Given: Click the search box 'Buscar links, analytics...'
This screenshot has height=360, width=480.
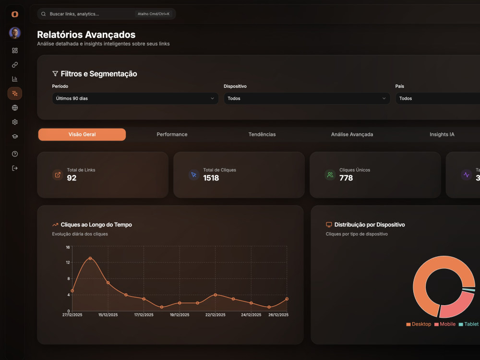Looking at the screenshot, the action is pos(106,14).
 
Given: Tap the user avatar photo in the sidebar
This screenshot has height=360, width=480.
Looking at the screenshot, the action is pos(15,33).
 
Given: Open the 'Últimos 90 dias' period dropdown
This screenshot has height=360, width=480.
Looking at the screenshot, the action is pos(135,98).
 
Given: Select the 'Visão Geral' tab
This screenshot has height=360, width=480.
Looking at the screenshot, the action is pos(82,134).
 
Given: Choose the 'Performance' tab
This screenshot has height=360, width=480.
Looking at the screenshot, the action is pos(172,134).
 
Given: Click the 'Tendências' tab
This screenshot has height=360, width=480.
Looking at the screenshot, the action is pos(262,134).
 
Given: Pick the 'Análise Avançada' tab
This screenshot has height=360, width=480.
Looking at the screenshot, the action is pos(352,134).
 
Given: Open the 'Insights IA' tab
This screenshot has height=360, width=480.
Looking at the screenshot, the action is pos(442,134).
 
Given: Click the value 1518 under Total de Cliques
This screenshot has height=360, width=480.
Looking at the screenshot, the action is pos(211,178).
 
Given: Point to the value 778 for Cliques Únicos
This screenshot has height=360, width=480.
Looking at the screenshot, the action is pos(346,178).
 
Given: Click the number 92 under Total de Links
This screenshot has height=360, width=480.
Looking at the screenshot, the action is pos(72,178).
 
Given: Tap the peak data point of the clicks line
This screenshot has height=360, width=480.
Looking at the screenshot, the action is pos(90,258).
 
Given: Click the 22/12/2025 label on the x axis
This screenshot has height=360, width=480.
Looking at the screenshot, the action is pos(215,315).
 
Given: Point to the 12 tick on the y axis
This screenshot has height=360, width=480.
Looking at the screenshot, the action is pos(68,263).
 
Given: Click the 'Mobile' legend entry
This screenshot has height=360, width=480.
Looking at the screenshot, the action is pos(445,324).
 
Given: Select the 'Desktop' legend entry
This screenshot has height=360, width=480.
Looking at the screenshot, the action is pos(419,324).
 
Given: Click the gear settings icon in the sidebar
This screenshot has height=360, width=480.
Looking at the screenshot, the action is pos(15,122).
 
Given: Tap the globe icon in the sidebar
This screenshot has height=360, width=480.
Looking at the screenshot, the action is pos(15,108).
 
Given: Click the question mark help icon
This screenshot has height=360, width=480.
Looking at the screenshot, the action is pos(15,154).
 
